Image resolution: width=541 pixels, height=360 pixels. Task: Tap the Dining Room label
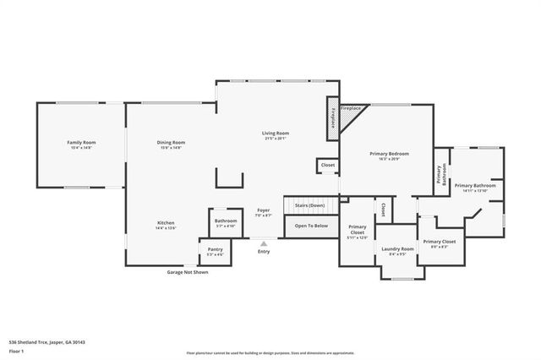(170, 143)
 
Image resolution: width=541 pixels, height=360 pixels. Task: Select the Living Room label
(275, 134)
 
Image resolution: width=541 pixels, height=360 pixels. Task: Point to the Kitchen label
(165, 223)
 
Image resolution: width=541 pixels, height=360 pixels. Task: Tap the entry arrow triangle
(264, 243)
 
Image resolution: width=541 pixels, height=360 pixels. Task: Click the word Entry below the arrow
(264, 252)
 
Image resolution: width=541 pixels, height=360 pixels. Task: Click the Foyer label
(264, 211)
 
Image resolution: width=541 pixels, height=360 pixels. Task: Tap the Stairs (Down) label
(310, 205)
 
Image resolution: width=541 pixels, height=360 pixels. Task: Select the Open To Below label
(310, 226)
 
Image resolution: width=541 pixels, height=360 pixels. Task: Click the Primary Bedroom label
(389, 154)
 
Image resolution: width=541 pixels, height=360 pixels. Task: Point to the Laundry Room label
(396, 249)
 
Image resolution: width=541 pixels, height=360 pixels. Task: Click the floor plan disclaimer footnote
(270, 352)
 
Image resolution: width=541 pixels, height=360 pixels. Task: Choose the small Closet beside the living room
(327, 166)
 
